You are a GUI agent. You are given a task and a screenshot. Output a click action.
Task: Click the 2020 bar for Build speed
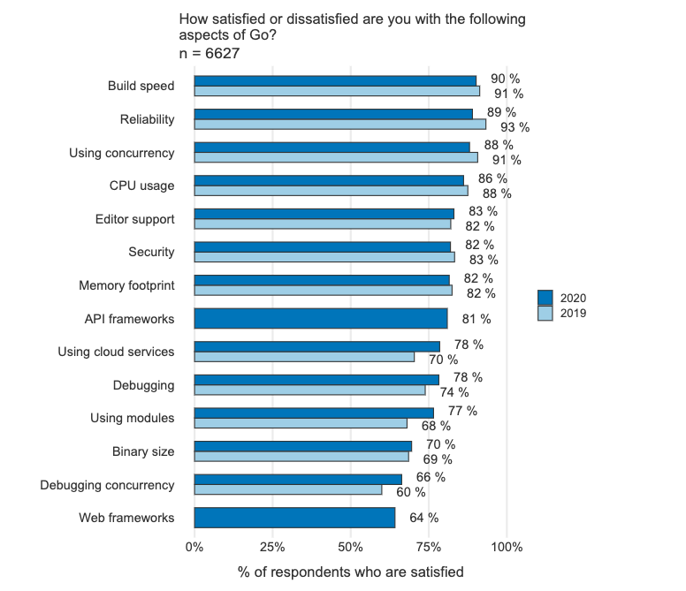334,80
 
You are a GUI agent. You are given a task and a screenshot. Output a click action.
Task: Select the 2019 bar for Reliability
339,125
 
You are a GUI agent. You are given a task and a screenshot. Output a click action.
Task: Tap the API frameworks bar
320,318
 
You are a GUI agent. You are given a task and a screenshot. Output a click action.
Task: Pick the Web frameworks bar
294,518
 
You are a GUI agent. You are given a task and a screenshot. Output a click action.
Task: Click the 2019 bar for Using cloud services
304,357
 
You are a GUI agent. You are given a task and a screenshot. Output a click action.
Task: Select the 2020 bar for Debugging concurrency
298,479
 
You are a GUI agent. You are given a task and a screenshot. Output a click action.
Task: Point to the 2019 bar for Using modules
301,423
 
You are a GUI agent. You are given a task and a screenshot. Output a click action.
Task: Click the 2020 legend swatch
545,298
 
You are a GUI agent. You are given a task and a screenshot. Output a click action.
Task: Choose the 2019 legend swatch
545,313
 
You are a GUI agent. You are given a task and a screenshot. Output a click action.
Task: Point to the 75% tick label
429,547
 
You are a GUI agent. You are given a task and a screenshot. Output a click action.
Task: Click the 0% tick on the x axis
194,547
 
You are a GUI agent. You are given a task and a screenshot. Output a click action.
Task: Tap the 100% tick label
507,547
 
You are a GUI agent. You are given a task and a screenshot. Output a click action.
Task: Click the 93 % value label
514,127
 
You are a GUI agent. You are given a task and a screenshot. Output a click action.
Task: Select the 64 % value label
423,518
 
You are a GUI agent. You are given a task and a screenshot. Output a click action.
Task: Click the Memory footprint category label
126,285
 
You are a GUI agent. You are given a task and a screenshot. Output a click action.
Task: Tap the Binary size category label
143,451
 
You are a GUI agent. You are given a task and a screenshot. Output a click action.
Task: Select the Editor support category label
134,219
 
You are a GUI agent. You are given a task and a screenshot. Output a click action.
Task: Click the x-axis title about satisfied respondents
350,572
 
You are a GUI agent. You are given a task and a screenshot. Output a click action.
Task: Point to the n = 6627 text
210,54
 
